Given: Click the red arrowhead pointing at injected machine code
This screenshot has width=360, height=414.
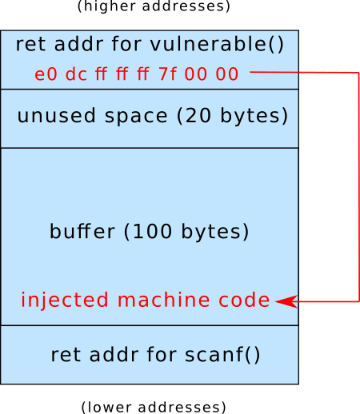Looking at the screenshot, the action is click(x=286, y=301).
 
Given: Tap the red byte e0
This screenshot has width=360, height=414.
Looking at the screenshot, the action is click(x=46, y=74).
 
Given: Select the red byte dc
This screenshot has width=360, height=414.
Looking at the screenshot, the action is click(x=76, y=74).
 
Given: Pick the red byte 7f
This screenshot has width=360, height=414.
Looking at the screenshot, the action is click(x=167, y=74).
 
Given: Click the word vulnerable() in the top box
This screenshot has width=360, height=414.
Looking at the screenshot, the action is click(x=217, y=44).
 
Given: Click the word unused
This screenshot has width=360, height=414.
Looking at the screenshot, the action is click(x=56, y=116).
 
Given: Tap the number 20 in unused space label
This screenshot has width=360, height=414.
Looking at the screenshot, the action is click(x=198, y=116).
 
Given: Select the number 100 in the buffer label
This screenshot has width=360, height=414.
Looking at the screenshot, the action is click(x=152, y=231).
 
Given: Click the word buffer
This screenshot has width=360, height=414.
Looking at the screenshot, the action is click(x=82, y=231).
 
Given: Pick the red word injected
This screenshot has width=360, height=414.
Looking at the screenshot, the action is click(x=65, y=300).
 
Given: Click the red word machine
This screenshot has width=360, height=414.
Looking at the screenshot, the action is click(x=163, y=300).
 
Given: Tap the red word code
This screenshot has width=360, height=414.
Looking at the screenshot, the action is click(x=244, y=300).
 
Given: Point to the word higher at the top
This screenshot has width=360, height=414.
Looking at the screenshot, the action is click(x=110, y=6).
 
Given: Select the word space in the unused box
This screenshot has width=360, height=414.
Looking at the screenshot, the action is click(x=136, y=117).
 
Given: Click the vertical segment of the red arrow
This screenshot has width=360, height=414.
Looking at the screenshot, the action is click(x=359, y=187).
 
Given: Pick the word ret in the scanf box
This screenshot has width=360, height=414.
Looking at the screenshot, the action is click(x=66, y=355).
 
